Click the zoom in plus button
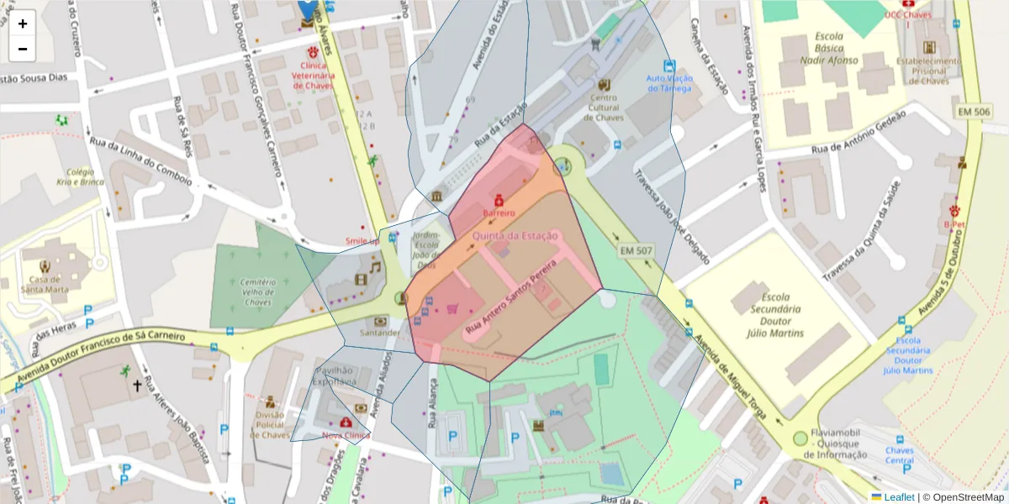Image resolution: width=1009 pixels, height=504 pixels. click(23, 24)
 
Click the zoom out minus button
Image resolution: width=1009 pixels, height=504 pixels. click(23, 49)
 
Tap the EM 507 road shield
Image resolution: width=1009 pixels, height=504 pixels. click(636, 250)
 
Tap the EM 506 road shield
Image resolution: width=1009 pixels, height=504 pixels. click(974, 112)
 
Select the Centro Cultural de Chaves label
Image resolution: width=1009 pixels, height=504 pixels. click(603, 108)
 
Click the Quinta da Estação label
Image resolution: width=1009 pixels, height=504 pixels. click(515, 236)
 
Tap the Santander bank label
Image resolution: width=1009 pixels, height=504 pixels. click(380, 333)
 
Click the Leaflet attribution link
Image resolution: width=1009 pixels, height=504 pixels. click(898, 497)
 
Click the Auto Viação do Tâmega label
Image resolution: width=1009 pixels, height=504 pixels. click(668, 84)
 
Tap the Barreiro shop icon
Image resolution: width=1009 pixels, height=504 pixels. click(499, 201)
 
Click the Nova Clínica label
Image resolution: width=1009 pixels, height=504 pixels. click(346, 435)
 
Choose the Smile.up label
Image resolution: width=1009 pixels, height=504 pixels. click(362, 242)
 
